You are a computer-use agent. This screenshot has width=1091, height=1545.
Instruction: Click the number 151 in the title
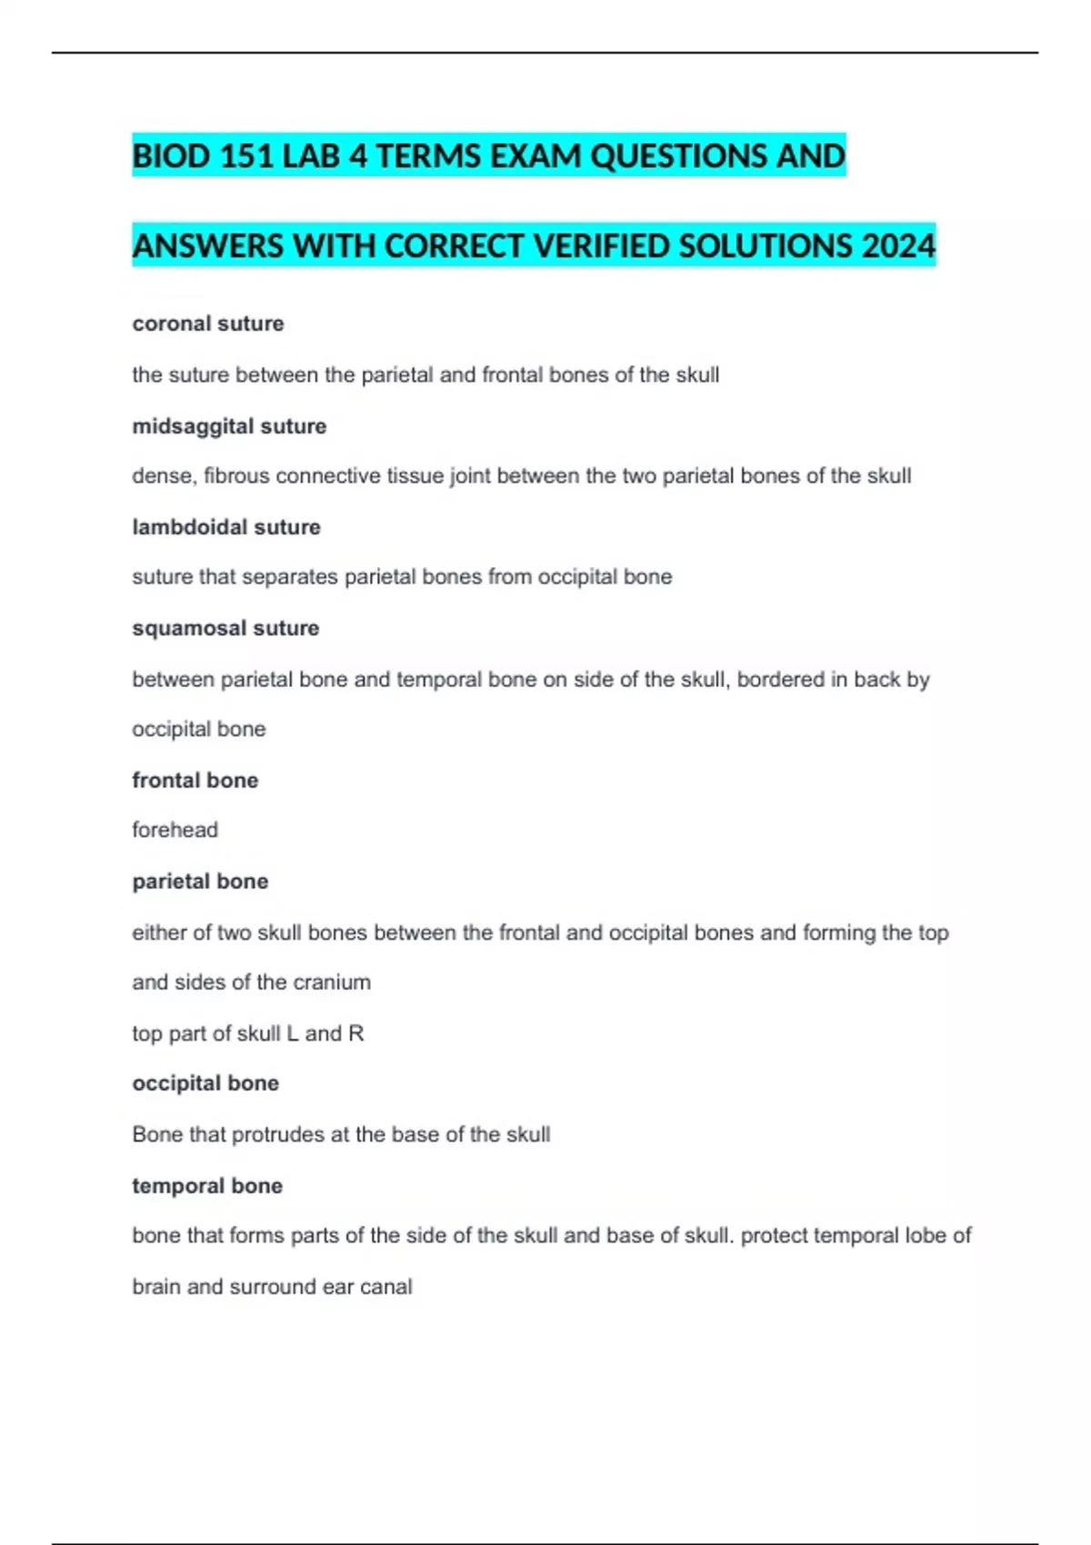click(246, 156)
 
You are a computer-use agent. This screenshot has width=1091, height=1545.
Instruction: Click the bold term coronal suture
click(208, 324)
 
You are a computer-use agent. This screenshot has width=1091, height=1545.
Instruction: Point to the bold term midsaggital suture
click(229, 426)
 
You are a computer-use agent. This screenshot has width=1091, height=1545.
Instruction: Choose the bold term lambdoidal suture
click(226, 527)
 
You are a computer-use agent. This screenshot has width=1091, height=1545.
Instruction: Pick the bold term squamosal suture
click(225, 628)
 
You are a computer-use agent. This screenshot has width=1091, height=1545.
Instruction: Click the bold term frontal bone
click(195, 780)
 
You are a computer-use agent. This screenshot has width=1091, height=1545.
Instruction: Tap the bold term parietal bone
click(200, 881)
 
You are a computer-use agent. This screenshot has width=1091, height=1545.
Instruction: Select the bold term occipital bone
click(205, 1083)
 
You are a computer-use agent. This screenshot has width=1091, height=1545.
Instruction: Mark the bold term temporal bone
click(207, 1185)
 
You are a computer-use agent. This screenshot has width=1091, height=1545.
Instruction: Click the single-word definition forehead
click(175, 830)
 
